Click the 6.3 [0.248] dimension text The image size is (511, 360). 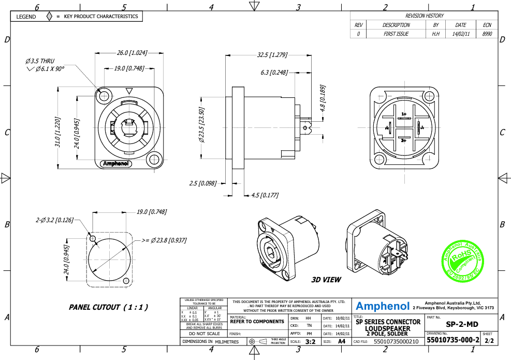coord(274,73)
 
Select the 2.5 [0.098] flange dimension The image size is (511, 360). coord(202,183)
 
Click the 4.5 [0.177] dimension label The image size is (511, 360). coord(265,195)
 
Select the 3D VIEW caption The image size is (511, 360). coord(326,280)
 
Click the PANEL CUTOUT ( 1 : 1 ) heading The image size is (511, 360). coord(108,307)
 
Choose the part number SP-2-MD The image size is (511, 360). coord(462,324)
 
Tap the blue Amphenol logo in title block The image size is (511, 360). coord(382,306)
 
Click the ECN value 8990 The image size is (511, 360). coord(487,34)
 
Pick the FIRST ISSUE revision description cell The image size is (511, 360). coord(396,34)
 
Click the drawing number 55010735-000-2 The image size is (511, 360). coord(452,341)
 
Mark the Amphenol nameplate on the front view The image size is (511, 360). coord(116,164)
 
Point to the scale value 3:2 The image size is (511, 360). coord(310,342)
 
